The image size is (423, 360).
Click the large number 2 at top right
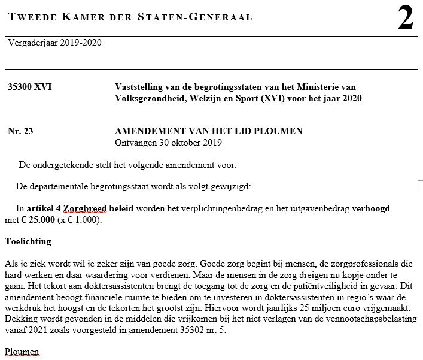[x=405, y=19]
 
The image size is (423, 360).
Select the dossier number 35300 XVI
[x=29, y=87]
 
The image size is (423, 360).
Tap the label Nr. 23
[x=20, y=131]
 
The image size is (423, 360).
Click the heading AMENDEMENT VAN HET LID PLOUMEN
[x=208, y=131]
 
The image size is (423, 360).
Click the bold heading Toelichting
[x=28, y=242]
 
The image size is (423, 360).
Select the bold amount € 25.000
[x=35, y=220]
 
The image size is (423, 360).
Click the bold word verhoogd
[x=371, y=208]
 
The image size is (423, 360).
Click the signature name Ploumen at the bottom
[x=22, y=350]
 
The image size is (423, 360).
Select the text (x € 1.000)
[x=80, y=220]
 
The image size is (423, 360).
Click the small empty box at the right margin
[x=419, y=185]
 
